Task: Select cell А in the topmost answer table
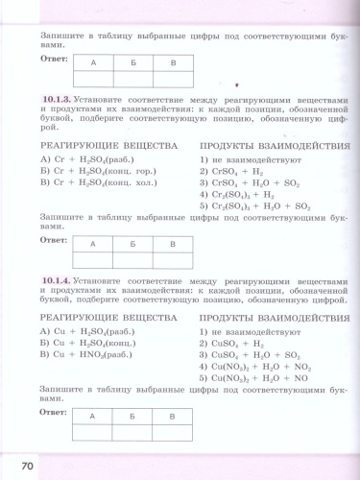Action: [x=93, y=62]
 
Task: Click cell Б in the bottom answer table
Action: [x=132, y=417]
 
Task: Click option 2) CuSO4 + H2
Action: [x=230, y=342]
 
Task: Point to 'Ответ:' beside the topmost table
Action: [x=54, y=57]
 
